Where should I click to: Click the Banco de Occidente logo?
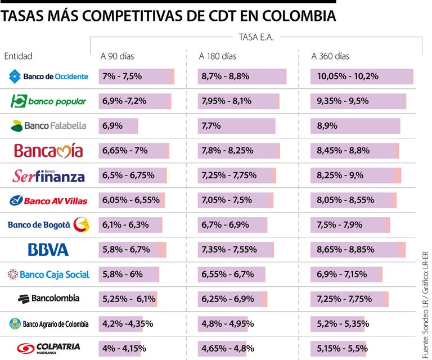click(48, 76)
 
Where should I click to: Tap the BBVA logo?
click(48, 250)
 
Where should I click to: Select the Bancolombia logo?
click(48, 299)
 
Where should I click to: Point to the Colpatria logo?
click(48, 348)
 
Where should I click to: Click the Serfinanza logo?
click(48, 176)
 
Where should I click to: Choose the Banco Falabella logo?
click(48, 126)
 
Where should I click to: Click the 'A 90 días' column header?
click(117, 56)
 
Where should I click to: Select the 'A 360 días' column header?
click(330, 56)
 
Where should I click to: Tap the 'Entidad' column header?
click(18, 56)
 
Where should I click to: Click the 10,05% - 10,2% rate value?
click(348, 76)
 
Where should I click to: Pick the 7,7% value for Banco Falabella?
click(211, 126)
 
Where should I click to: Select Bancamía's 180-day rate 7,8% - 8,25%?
click(227, 151)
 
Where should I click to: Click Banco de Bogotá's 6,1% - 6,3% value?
click(125, 225)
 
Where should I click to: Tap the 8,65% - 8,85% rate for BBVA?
click(345, 250)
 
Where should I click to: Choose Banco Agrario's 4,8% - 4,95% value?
click(227, 323)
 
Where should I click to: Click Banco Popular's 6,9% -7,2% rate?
click(124, 101)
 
